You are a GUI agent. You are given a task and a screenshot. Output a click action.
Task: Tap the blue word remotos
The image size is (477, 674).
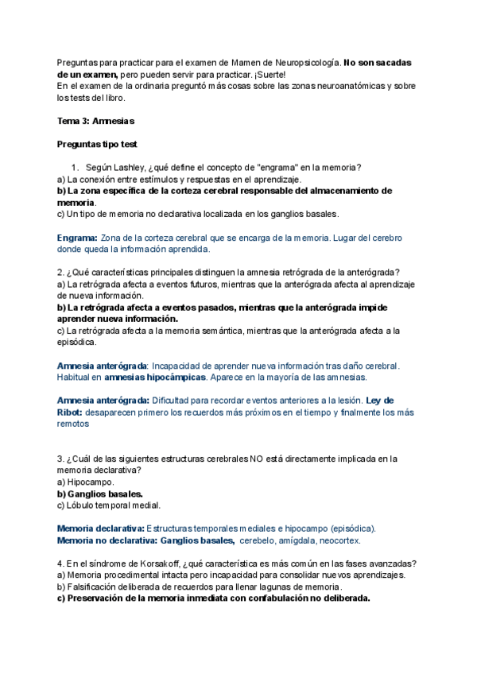pos(73,424)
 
